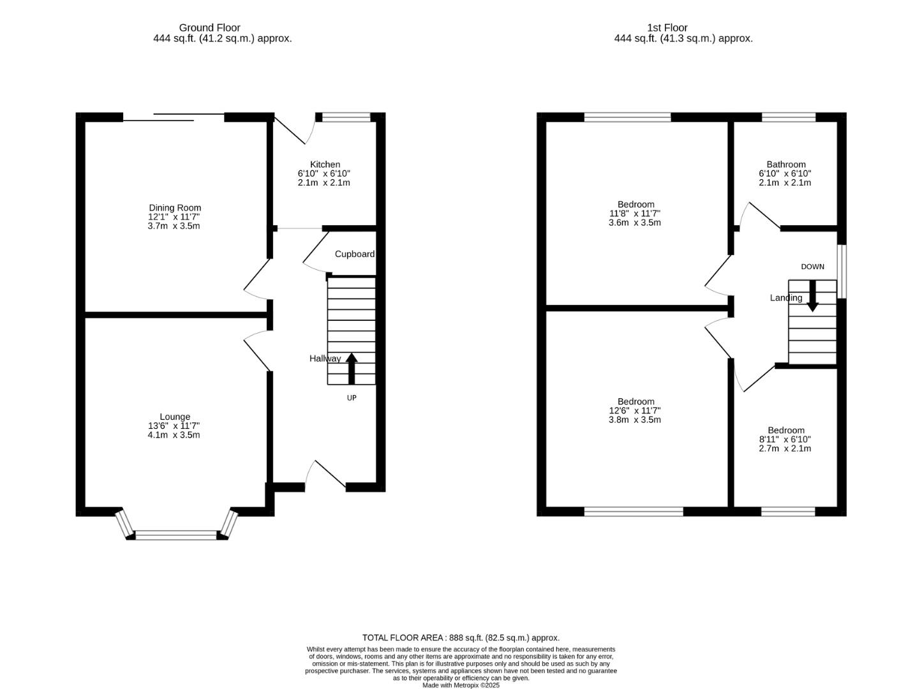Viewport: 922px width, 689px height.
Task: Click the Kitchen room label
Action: tap(325, 164)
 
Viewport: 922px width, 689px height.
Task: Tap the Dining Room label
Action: tap(174, 207)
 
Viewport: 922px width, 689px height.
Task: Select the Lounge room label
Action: tap(174, 417)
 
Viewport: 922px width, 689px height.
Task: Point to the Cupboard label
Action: tap(354, 254)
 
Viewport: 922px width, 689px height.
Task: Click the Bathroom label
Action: tap(785, 164)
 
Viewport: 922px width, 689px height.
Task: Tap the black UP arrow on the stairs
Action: tap(351, 368)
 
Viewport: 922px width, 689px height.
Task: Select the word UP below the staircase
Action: tap(351, 397)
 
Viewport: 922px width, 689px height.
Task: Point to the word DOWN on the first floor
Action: tap(812, 267)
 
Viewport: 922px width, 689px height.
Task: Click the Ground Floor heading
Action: tap(209, 27)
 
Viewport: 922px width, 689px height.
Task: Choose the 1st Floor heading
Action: tap(667, 27)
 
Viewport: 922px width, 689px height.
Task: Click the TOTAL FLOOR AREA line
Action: tap(461, 637)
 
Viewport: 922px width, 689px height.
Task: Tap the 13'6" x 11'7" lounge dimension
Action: tap(174, 426)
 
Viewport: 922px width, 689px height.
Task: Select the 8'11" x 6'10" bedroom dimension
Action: tap(785, 439)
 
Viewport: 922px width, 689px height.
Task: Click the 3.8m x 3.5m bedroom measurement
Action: tap(634, 419)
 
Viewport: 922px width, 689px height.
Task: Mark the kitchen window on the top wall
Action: tap(346, 117)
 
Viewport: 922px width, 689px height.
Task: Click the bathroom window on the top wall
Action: tap(789, 117)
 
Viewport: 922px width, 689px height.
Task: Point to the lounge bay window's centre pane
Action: tap(176, 535)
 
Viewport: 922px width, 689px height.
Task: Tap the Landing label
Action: tap(785, 297)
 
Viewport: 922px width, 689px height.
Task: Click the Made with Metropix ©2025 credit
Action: tap(461, 685)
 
